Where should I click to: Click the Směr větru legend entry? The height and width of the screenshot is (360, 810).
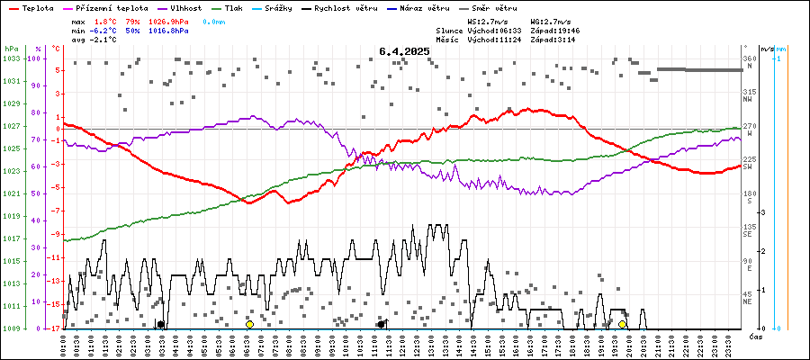pyautogui.click(x=495, y=7)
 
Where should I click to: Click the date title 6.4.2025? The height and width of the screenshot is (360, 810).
pyautogui.click(x=404, y=51)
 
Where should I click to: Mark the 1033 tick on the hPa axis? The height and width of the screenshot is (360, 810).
pyautogui.click(x=11, y=58)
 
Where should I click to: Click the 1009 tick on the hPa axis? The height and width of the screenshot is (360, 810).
pyautogui.click(x=11, y=328)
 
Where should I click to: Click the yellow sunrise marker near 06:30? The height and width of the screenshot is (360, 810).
pyautogui.click(x=249, y=324)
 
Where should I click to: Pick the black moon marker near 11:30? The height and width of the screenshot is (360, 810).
pyautogui.click(x=382, y=324)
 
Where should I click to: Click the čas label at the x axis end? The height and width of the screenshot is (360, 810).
pyautogui.click(x=757, y=336)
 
